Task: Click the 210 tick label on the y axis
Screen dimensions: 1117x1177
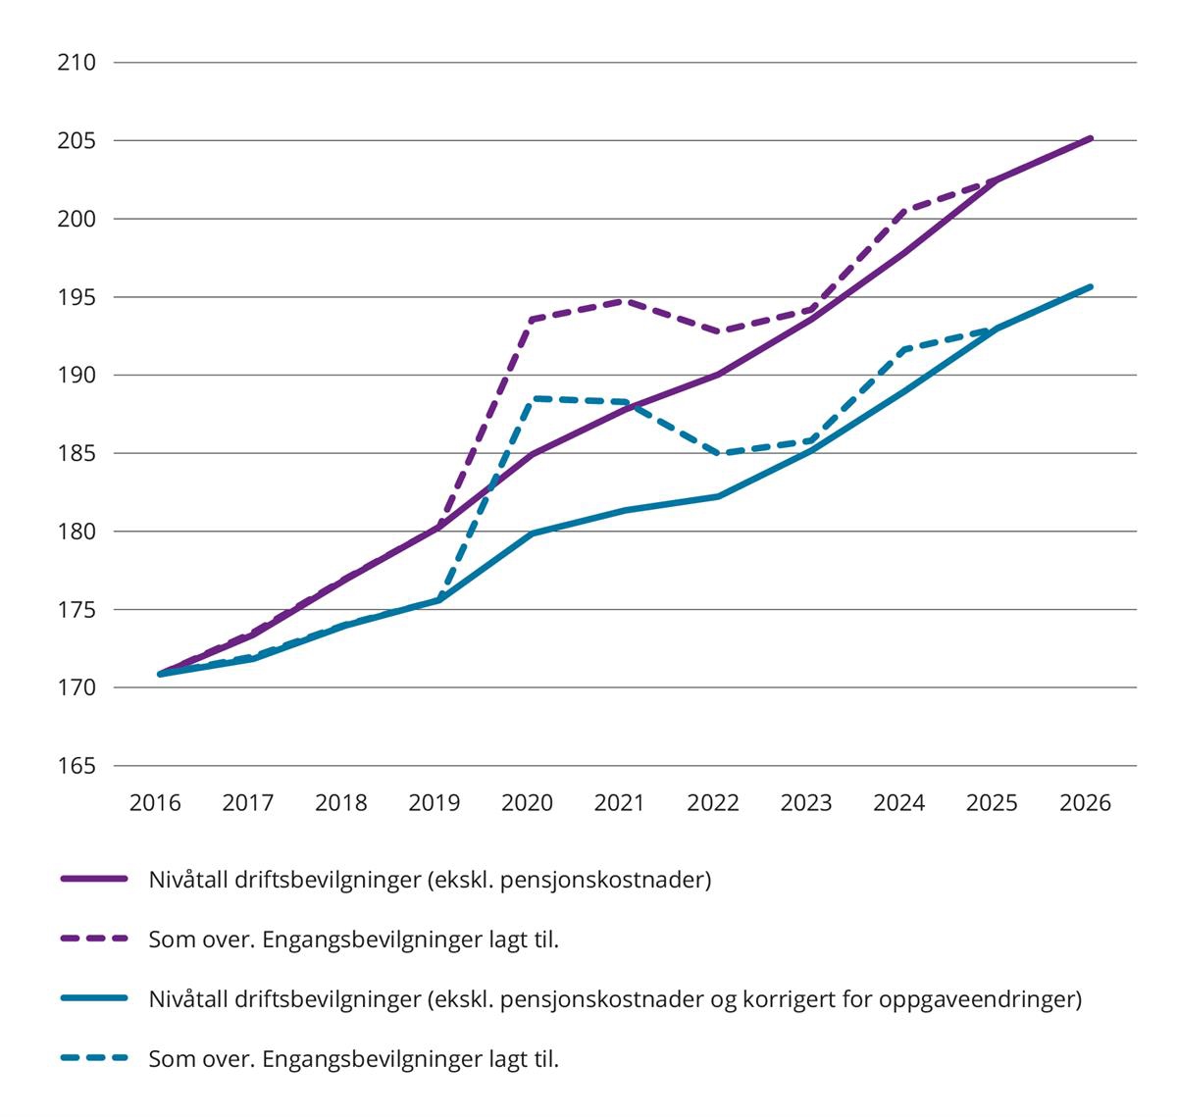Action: pyautogui.click(x=77, y=63)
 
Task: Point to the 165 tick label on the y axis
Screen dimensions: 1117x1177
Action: pyautogui.click(x=77, y=766)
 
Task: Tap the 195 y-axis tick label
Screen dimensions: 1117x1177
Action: pyautogui.click(x=77, y=297)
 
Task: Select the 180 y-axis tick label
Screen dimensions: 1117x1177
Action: pyautogui.click(x=77, y=532)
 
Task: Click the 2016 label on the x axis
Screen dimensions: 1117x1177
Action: pyautogui.click(x=156, y=803)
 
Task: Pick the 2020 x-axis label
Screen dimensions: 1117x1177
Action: pyautogui.click(x=528, y=803)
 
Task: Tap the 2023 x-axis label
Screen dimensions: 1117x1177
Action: pyautogui.click(x=806, y=803)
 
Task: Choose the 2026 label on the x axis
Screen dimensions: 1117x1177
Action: pyautogui.click(x=1085, y=803)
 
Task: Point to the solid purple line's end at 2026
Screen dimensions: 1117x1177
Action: pyautogui.click(x=1091, y=138)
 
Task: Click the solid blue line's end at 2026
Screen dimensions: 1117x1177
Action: pyautogui.click(x=1091, y=286)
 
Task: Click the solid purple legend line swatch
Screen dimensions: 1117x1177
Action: pyautogui.click(x=94, y=880)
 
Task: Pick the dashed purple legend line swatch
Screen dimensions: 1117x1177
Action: pyautogui.click(x=94, y=939)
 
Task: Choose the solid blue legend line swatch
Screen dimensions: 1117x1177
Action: pyautogui.click(x=94, y=999)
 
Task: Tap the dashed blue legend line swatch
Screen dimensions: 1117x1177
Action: pyautogui.click(x=94, y=1059)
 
